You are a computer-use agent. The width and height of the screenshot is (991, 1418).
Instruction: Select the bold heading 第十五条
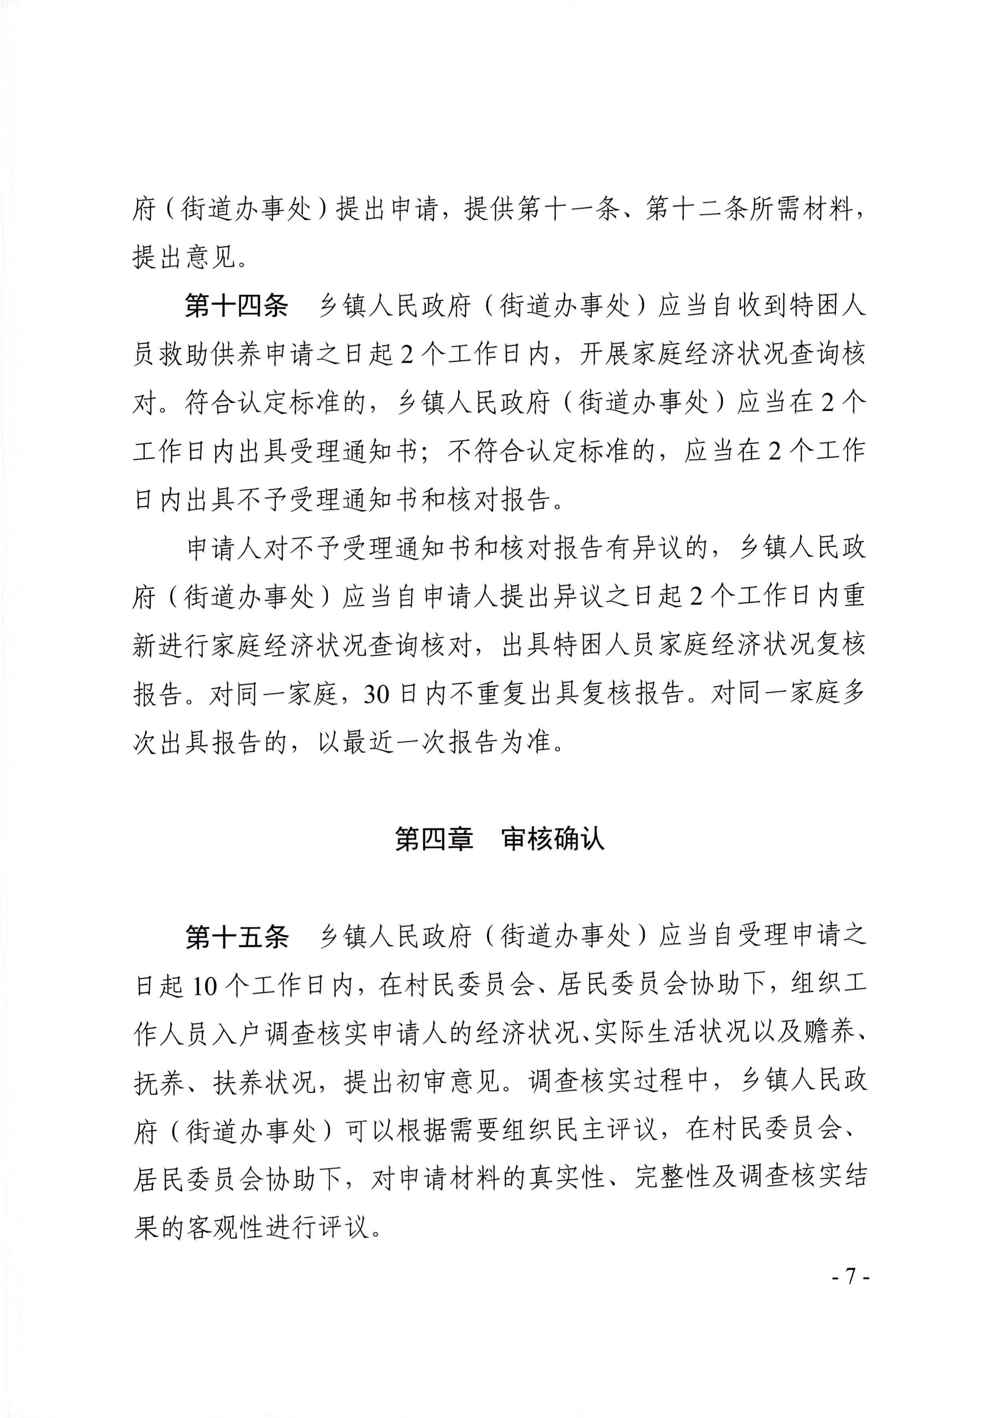(236, 937)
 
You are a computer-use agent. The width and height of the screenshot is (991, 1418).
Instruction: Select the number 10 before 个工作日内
(204, 987)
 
